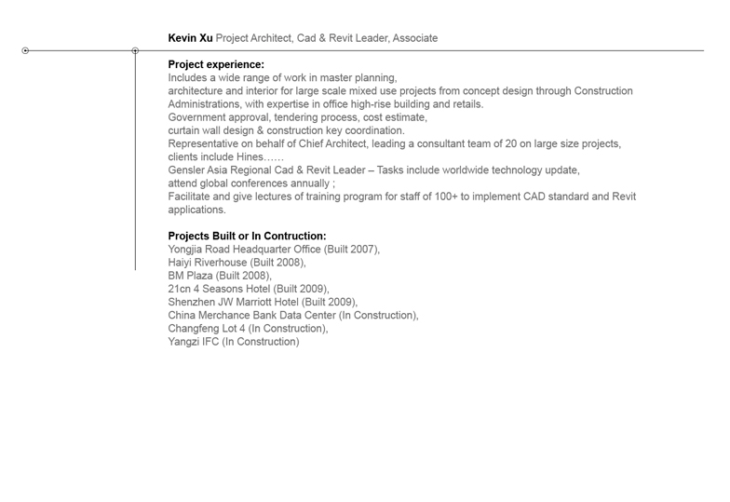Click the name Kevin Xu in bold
click(190, 38)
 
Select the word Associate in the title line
click(414, 38)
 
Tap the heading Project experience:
click(216, 64)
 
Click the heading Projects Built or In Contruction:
click(247, 237)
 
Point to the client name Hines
click(243, 157)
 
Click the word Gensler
click(188, 170)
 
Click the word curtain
click(185, 130)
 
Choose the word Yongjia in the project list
click(187, 250)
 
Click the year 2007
click(362, 250)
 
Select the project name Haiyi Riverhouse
click(208, 263)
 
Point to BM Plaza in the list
click(191, 276)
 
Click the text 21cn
click(181, 289)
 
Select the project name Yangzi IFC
click(193, 342)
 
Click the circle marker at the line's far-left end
click(25, 50)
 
